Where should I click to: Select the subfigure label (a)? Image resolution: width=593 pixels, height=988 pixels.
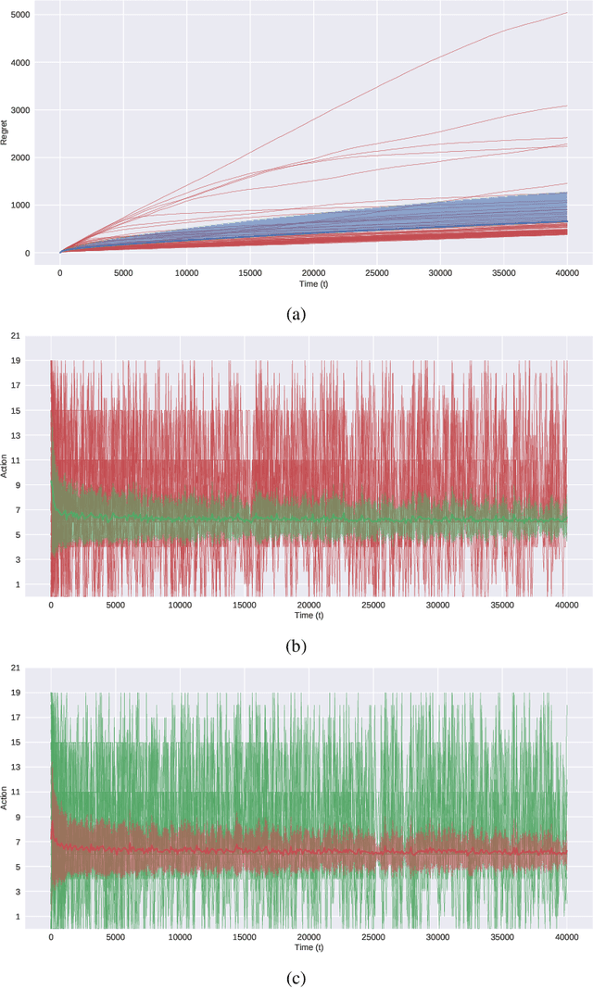(296, 314)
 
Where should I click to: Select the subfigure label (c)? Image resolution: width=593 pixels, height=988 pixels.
(296, 977)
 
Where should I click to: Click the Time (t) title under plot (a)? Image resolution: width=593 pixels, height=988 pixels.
(314, 283)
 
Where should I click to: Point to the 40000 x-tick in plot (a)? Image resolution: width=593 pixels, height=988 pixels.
(567, 273)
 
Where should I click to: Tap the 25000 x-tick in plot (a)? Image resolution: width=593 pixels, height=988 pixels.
(377, 273)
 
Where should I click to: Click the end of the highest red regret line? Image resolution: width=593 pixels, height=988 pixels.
(566, 13)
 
